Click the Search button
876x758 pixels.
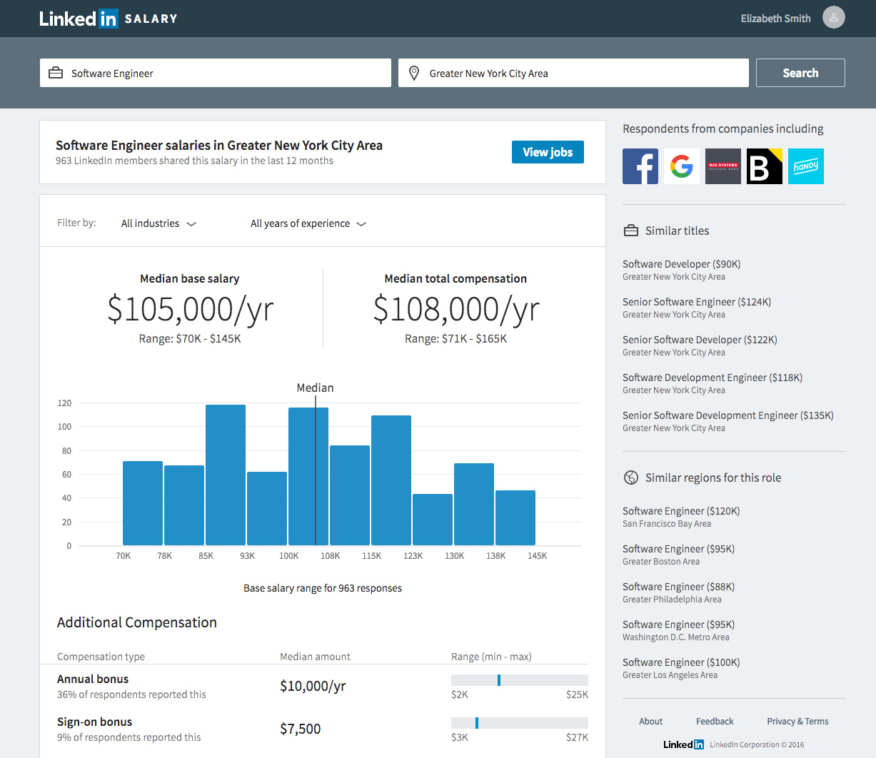[800, 73]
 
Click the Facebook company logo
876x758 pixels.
[640, 166]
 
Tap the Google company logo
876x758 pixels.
[681, 166]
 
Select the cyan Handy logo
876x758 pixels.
[805, 166]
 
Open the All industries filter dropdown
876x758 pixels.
[158, 223]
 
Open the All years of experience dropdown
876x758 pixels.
[308, 223]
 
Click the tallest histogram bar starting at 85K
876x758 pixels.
[226, 475]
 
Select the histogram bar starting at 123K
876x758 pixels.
[433, 520]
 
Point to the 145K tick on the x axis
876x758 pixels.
[537, 556]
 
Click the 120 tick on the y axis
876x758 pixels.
[65, 403]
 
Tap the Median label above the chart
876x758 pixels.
[315, 388]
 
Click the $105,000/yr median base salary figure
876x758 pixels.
[190, 310]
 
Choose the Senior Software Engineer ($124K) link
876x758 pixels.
[696, 302]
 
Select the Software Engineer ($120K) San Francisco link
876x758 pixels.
[680, 511]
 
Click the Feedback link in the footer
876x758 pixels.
[715, 722]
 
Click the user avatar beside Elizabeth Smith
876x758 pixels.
[833, 18]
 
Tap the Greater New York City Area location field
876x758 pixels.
[573, 73]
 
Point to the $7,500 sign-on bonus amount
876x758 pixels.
[300, 729]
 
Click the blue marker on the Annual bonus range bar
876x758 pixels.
[498, 680]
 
